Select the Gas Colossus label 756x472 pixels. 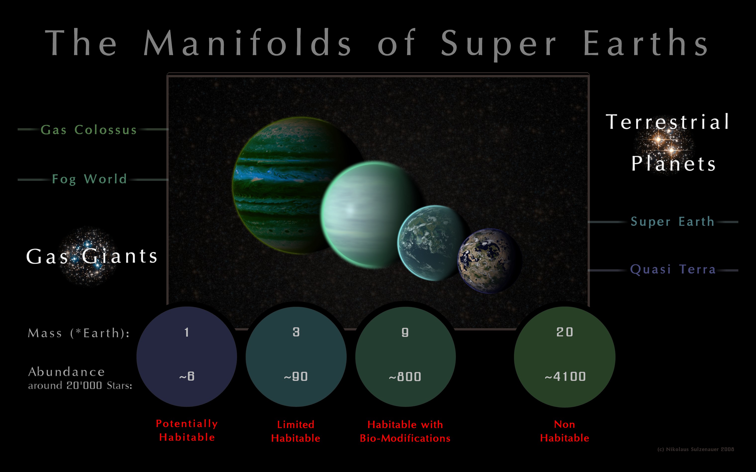(x=89, y=129)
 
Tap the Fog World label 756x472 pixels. (x=89, y=179)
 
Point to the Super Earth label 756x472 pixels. (x=672, y=221)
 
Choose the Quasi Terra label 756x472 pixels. (x=673, y=269)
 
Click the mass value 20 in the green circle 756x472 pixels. (x=565, y=332)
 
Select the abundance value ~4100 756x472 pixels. (x=565, y=376)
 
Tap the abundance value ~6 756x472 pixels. (x=187, y=376)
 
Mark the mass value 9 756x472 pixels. (x=405, y=332)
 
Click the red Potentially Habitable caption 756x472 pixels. (x=187, y=430)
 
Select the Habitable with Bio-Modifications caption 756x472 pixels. (x=405, y=431)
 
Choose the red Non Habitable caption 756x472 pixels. (x=565, y=431)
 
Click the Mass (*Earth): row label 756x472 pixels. (x=79, y=333)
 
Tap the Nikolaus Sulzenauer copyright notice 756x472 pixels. (x=696, y=449)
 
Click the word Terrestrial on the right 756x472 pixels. (x=667, y=121)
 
